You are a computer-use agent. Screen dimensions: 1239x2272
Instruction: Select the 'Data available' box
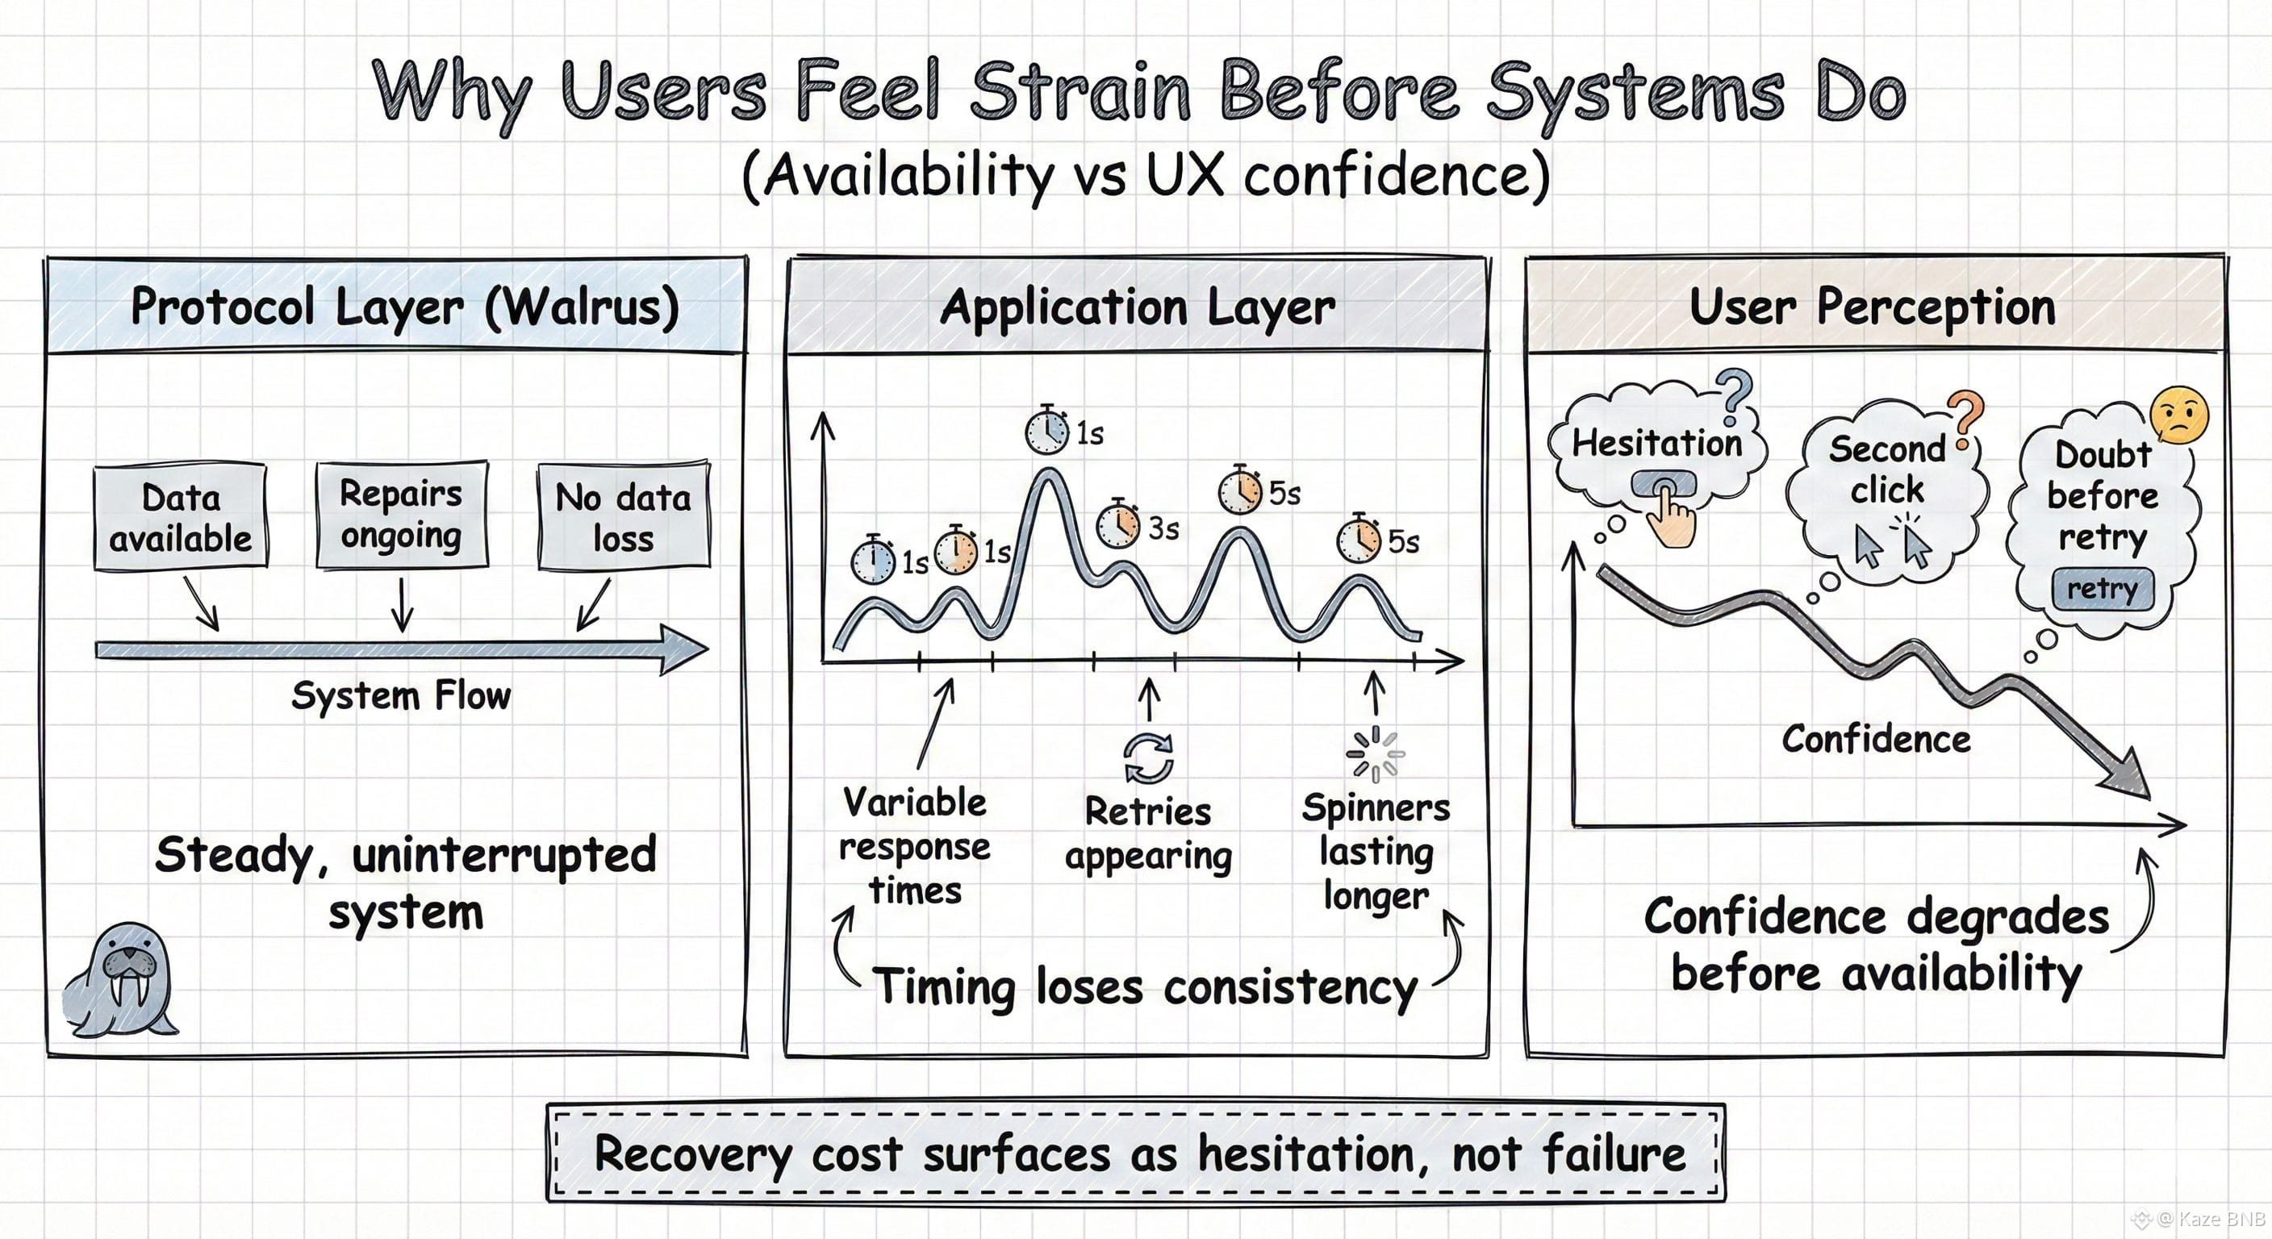pyautogui.click(x=181, y=518)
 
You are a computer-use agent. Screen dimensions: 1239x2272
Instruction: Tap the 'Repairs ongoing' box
pyautogui.click(x=401, y=514)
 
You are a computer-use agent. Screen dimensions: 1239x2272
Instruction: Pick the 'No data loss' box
pyautogui.click(x=624, y=517)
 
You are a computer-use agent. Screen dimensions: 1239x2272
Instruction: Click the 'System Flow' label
pyautogui.click(x=401, y=696)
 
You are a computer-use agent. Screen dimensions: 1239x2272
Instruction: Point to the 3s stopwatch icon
pyautogui.click(x=1118, y=526)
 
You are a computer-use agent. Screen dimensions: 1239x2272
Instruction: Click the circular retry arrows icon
pyautogui.click(x=1148, y=757)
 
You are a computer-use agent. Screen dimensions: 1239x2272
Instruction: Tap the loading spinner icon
pyautogui.click(x=1375, y=755)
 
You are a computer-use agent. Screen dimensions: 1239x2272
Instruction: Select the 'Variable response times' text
pyautogui.click(x=915, y=845)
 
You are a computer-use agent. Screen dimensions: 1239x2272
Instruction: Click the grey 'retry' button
pyautogui.click(x=2103, y=589)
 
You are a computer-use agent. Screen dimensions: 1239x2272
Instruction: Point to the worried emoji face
pyautogui.click(x=2180, y=415)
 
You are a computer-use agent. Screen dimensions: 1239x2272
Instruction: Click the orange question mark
pyautogui.click(x=1966, y=419)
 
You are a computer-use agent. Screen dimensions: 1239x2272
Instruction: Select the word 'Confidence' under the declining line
pyautogui.click(x=1876, y=739)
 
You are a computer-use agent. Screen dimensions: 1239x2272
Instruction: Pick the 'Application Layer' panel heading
pyautogui.click(x=1138, y=308)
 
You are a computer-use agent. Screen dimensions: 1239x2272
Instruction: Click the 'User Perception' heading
pyautogui.click(x=1873, y=308)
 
